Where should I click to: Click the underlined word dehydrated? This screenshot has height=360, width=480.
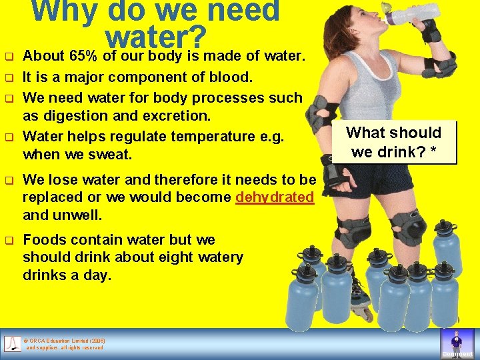click(x=275, y=197)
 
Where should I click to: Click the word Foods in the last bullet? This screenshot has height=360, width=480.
click(x=44, y=239)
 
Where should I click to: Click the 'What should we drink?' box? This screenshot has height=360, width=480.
click(x=393, y=142)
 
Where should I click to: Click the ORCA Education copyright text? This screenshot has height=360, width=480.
click(x=65, y=344)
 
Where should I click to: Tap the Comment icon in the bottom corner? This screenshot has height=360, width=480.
click(x=457, y=344)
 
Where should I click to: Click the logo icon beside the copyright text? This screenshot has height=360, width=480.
click(x=13, y=344)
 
